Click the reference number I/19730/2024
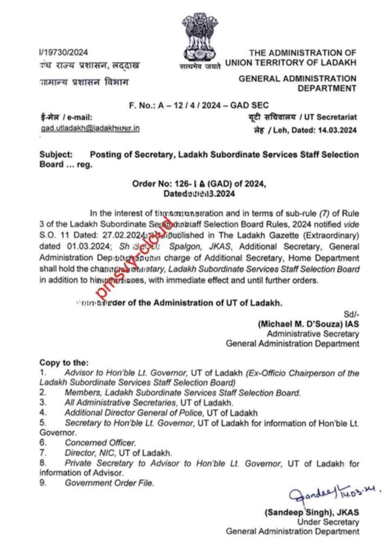click(63, 53)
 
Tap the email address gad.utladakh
click(90, 128)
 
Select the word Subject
click(56, 154)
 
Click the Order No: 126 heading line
click(198, 184)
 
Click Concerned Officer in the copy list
click(100, 442)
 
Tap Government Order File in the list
click(110, 482)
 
